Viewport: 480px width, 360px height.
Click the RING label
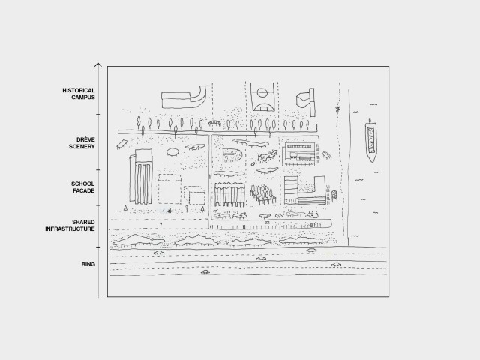[88, 264]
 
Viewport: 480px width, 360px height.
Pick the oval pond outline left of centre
[172, 151]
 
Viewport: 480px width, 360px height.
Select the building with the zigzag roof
[229, 194]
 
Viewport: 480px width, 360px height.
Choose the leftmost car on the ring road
[159, 253]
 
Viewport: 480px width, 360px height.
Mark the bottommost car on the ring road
[205, 273]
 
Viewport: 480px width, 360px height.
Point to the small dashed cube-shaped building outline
[196, 196]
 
